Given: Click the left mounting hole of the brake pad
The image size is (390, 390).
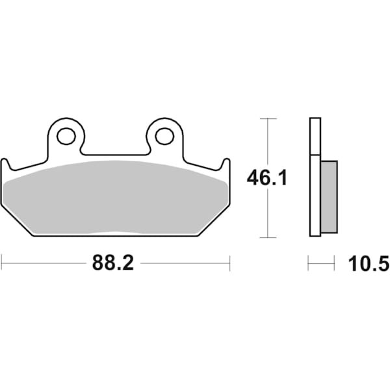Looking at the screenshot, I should [66, 136].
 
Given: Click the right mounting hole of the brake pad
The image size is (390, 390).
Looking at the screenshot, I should [164, 136].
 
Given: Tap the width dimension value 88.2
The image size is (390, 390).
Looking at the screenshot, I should [112, 263].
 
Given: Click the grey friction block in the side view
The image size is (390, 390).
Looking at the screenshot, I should [329, 196].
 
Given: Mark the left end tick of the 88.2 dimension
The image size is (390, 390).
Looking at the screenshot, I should [2, 263].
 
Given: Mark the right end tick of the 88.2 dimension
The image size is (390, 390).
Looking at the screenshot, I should [230, 263].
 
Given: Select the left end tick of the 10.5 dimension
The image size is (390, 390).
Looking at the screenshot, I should [308, 263].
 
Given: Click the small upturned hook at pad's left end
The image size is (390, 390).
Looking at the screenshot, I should [5, 164].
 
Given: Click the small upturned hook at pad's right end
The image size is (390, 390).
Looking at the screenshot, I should [226, 164].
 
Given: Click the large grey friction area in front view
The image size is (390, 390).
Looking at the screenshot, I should [115, 195].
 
